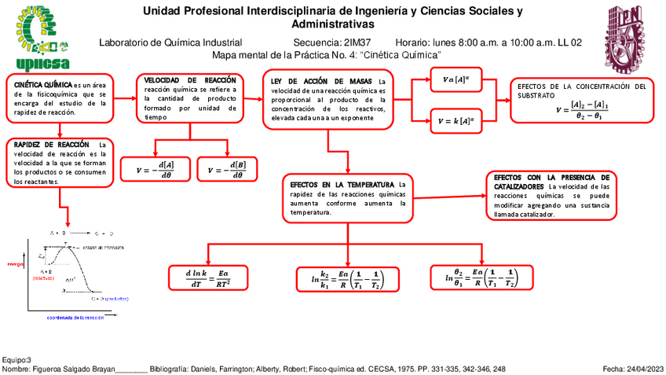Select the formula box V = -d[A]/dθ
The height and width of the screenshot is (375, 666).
point(155,169)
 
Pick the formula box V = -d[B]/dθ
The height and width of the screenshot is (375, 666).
point(227,169)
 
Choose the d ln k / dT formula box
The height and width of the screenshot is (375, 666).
point(207,278)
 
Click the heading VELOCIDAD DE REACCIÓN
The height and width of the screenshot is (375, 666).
point(190,81)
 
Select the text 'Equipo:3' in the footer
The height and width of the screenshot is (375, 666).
point(17,358)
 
